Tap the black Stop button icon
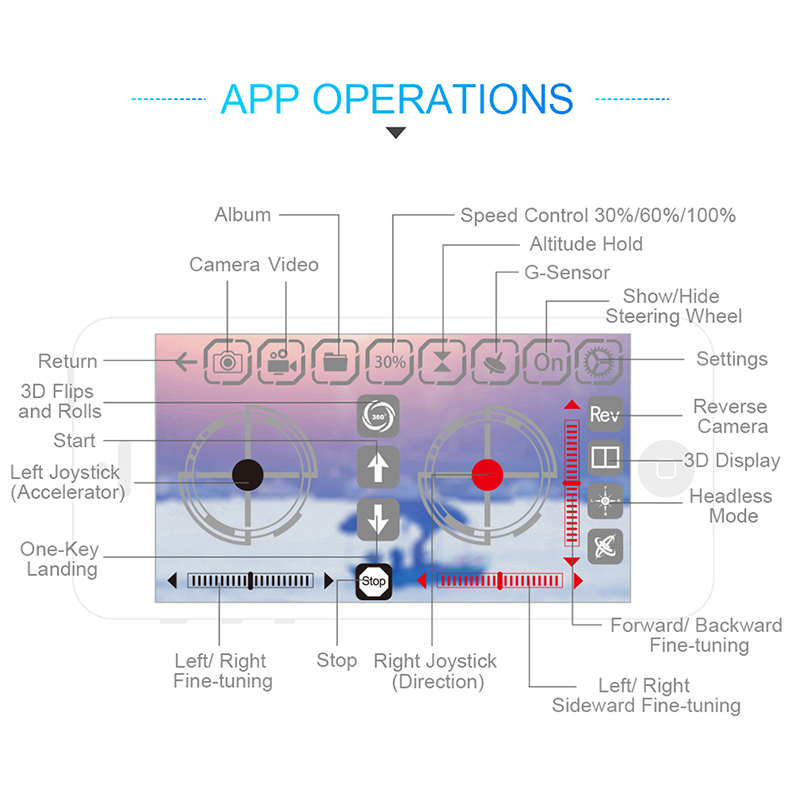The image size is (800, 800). [373, 582]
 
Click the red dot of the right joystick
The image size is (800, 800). [487, 475]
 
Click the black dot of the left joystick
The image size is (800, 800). [247, 474]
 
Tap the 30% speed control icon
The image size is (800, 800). [390, 362]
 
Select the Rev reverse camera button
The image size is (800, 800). [605, 414]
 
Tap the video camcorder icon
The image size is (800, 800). [281, 362]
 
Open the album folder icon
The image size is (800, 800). [335, 362]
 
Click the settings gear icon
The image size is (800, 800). [599, 362]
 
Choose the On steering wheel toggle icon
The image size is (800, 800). [547, 362]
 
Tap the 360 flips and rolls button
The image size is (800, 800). [378, 416]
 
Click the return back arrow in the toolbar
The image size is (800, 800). [186, 362]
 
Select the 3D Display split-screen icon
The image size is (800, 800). [605, 457]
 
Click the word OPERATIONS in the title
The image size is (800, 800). [443, 99]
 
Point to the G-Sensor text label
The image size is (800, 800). [567, 272]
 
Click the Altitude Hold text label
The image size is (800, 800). [586, 244]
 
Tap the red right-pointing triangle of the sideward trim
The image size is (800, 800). [578, 581]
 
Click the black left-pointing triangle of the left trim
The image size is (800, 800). [172, 581]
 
